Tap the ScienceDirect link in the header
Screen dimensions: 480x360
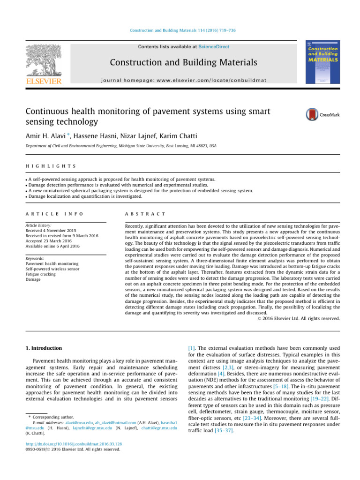pos(214,47)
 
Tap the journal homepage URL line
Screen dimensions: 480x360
pos(183,80)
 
